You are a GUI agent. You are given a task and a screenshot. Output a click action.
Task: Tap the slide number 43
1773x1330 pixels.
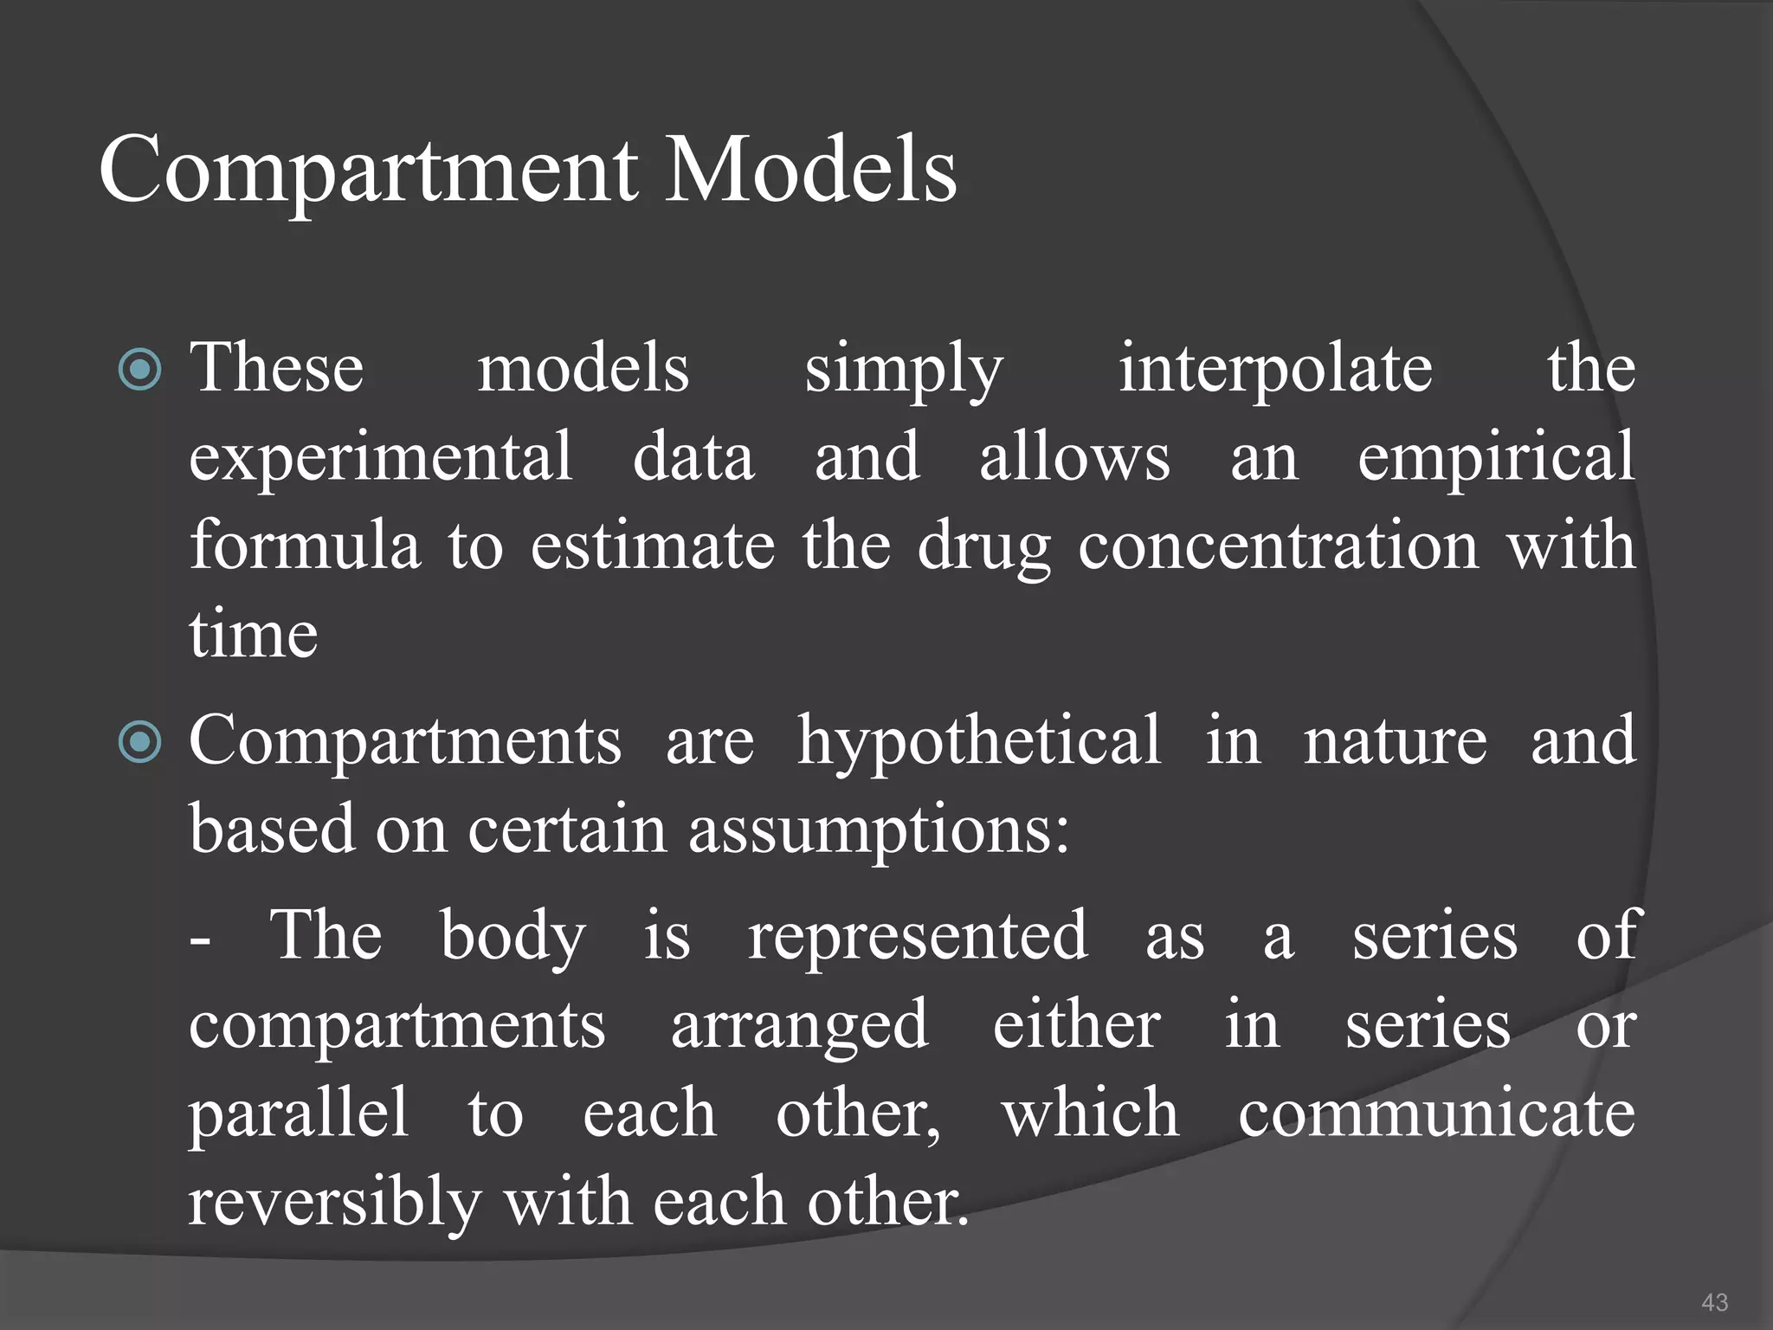click(1714, 1301)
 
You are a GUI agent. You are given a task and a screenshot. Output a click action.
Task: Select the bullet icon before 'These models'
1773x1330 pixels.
click(139, 370)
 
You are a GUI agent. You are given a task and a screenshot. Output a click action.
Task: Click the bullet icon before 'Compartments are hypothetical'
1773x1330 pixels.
click(139, 742)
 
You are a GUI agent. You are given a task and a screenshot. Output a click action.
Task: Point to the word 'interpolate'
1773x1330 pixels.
click(1274, 369)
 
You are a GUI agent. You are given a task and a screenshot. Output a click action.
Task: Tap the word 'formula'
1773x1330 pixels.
click(305, 546)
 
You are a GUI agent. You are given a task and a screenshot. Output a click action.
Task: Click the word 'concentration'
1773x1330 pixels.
click(1278, 546)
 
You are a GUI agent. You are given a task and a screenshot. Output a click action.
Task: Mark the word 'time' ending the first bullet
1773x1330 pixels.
click(254, 635)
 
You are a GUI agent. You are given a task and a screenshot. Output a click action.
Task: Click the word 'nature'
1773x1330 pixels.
click(1395, 741)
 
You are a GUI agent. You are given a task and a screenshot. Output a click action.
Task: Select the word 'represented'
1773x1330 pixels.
click(917, 937)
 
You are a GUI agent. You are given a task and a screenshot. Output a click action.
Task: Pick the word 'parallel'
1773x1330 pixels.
click(298, 1115)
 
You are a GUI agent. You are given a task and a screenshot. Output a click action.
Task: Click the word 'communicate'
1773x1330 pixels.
click(1436, 1114)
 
